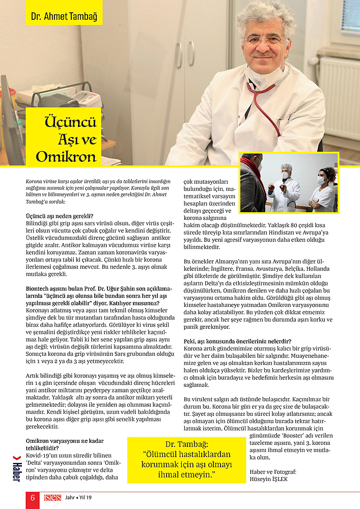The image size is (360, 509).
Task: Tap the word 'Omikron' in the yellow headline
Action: [x=66, y=155]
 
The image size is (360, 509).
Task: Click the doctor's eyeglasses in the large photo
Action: [x=266, y=40]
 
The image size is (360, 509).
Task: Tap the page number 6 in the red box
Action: [x=33, y=498]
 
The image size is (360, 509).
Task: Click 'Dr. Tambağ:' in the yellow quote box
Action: [x=186, y=444]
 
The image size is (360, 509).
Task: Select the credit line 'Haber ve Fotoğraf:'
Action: [x=273, y=472]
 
